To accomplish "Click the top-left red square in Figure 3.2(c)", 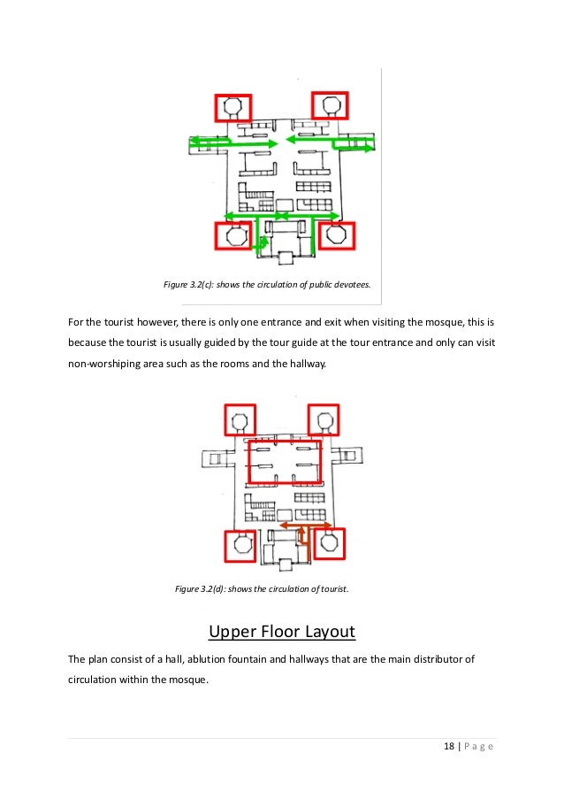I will pos(233,108).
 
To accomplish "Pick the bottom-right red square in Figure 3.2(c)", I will pos(335,236).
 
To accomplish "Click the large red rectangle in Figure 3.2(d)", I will pos(285,461).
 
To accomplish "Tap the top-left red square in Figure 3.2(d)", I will pos(239,419).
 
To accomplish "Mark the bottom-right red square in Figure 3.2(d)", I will pos(329,542).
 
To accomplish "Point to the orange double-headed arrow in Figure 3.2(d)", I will pos(301,526).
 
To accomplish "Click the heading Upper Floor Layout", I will pos(281,632).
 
